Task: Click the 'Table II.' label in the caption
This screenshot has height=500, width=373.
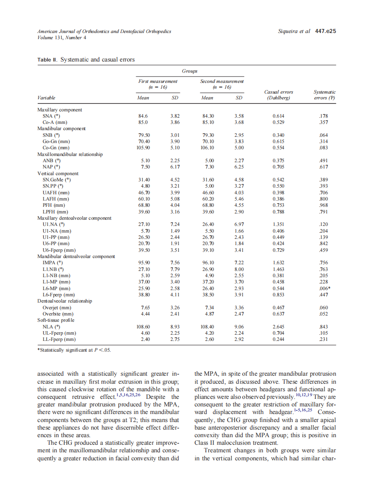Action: point(48,59)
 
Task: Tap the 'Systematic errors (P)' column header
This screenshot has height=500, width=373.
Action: point(324,94)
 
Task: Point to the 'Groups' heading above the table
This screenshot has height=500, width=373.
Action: point(190,71)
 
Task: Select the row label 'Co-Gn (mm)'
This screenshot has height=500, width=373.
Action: point(55,148)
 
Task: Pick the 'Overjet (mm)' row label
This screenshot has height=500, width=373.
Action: point(57,307)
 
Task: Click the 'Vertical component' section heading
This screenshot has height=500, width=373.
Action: point(58,173)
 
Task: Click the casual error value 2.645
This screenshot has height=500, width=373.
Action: point(278,327)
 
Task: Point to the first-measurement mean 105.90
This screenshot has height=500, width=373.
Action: point(143,148)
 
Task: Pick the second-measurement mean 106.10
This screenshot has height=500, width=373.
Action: point(208,148)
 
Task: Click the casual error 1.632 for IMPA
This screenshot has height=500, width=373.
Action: point(278,263)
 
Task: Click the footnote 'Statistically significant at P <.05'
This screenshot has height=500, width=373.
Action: point(74,350)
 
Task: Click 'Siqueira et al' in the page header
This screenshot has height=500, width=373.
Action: point(293,32)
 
